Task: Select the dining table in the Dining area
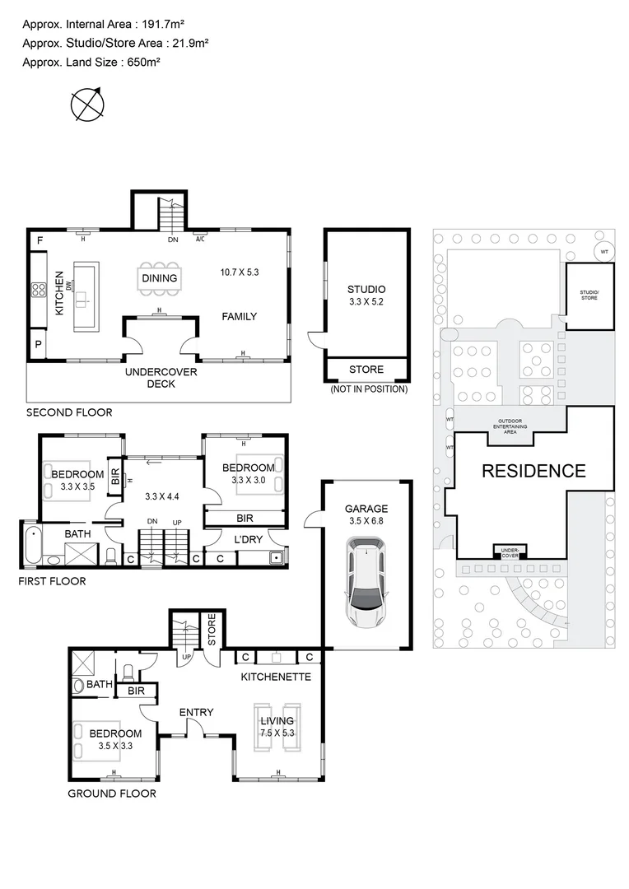coord(159,277)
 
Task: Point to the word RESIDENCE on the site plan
coord(533,472)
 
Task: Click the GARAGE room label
coord(366,510)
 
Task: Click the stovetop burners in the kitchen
coord(38,290)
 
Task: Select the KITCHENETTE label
coord(275,677)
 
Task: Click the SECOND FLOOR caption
coord(69,412)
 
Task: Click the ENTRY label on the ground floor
coord(196,712)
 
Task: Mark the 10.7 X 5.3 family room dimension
coord(239,272)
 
